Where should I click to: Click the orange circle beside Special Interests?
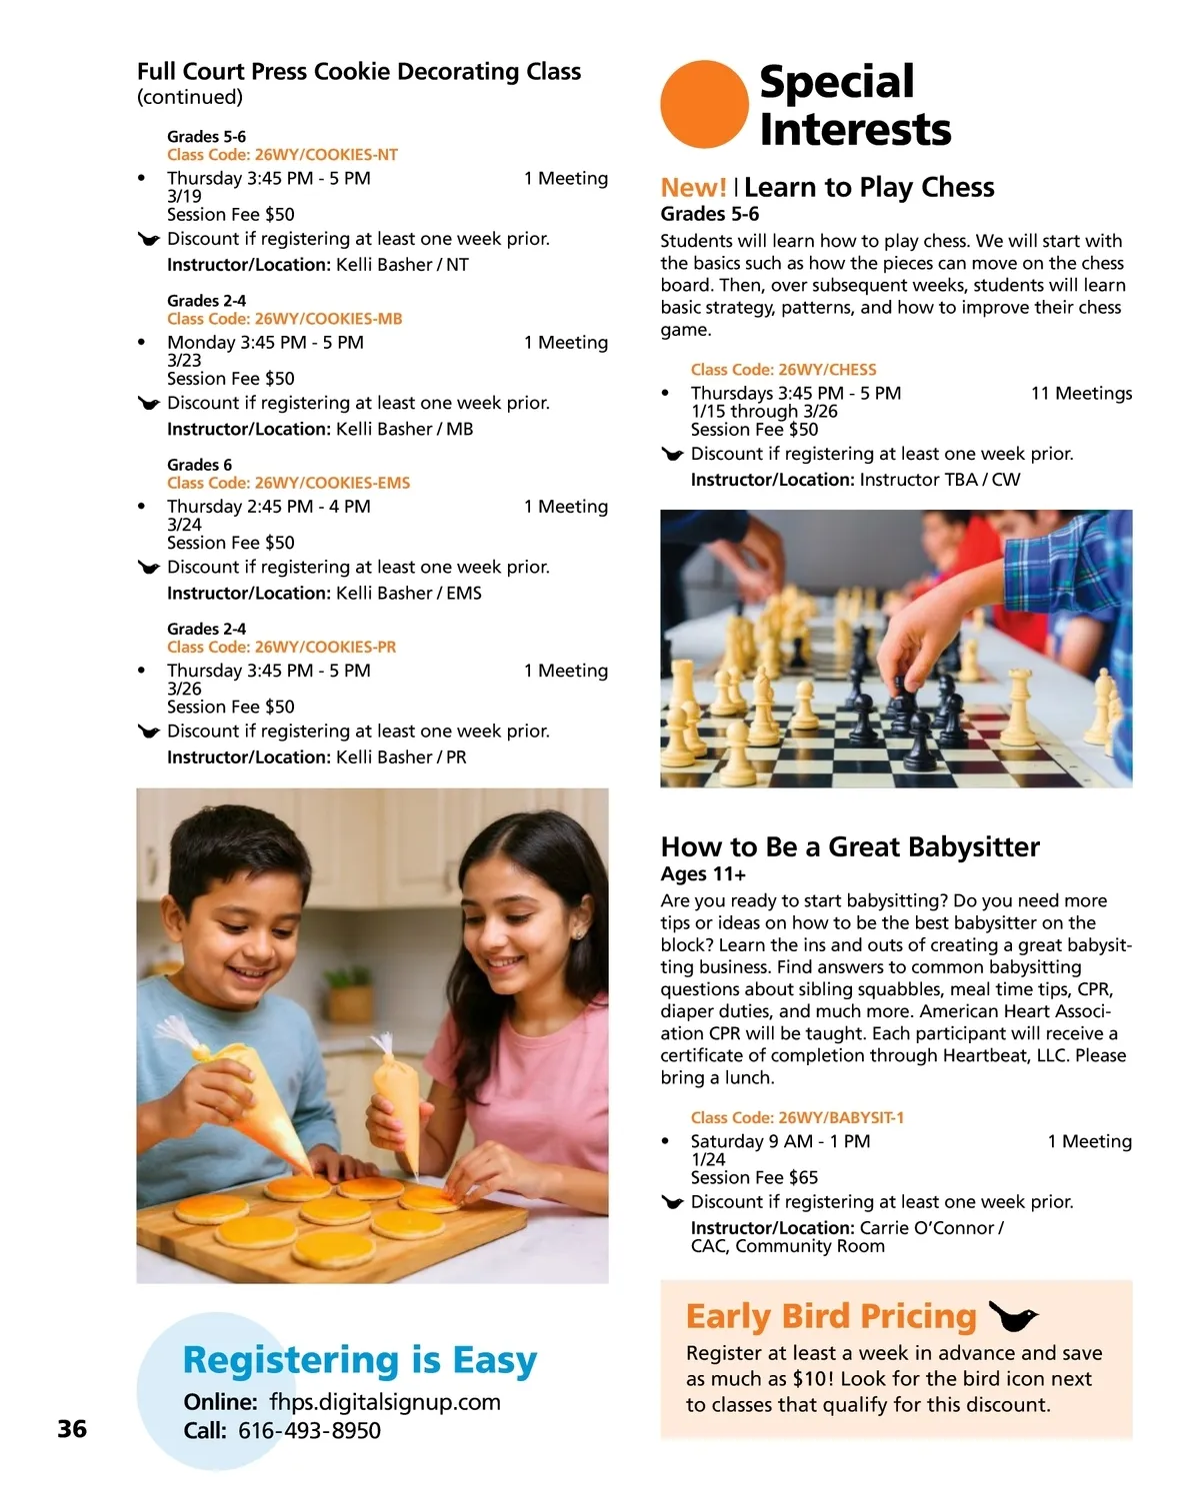704,104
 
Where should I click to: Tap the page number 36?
72,1428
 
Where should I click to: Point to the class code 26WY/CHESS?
783,370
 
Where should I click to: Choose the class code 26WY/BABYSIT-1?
797,1117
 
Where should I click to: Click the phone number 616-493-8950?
309,1431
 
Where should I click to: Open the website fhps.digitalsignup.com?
385,1402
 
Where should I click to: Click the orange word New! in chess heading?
693,188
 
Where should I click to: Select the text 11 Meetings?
1081,394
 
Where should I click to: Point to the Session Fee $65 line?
754,1178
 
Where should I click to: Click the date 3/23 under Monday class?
184,361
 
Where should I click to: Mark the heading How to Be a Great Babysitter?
850,847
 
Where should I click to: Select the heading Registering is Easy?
360,1360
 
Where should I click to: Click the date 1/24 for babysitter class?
708,1160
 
